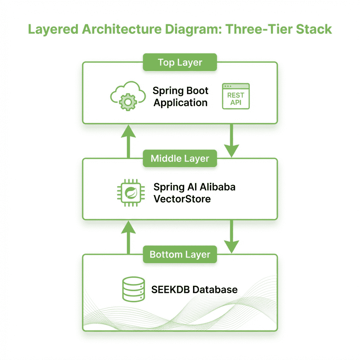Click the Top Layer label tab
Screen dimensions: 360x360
180,63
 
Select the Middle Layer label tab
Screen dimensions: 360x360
180,159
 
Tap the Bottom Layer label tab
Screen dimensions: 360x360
180,255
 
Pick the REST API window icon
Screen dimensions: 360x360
236,96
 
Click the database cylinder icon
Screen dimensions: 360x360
134,289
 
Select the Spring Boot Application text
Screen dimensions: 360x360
181,97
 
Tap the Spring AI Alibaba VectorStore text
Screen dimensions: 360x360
194,193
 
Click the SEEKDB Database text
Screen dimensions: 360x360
194,290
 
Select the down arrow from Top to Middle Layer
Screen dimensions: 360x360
231,141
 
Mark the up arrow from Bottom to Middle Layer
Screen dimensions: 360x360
129,236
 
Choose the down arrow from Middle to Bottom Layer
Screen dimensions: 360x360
231,236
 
